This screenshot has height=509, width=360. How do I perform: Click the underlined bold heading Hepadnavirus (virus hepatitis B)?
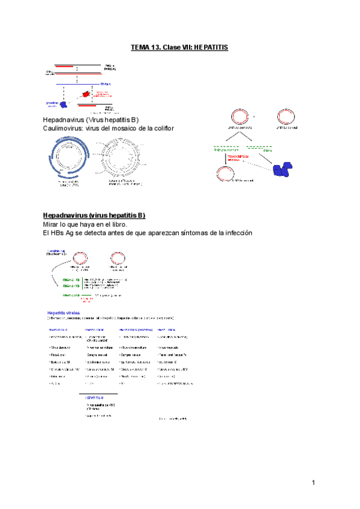[x=94, y=215]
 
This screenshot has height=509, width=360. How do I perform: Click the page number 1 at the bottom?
[x=313, y=483]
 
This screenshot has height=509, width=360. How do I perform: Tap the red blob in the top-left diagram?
[x=85, y=95]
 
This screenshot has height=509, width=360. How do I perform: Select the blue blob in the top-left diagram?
[x=56, y=104]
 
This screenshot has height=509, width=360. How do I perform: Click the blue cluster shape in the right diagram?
[x=280, y=169]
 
